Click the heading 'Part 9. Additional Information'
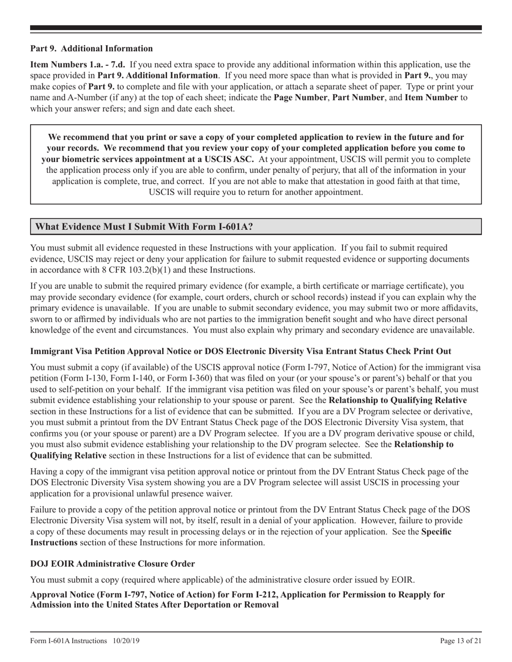click(x=91, y=48)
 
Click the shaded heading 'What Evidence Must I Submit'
click(x=144, y=227)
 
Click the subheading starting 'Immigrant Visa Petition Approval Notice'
click(x=240, y=351)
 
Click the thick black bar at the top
click(x=256, y=27)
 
